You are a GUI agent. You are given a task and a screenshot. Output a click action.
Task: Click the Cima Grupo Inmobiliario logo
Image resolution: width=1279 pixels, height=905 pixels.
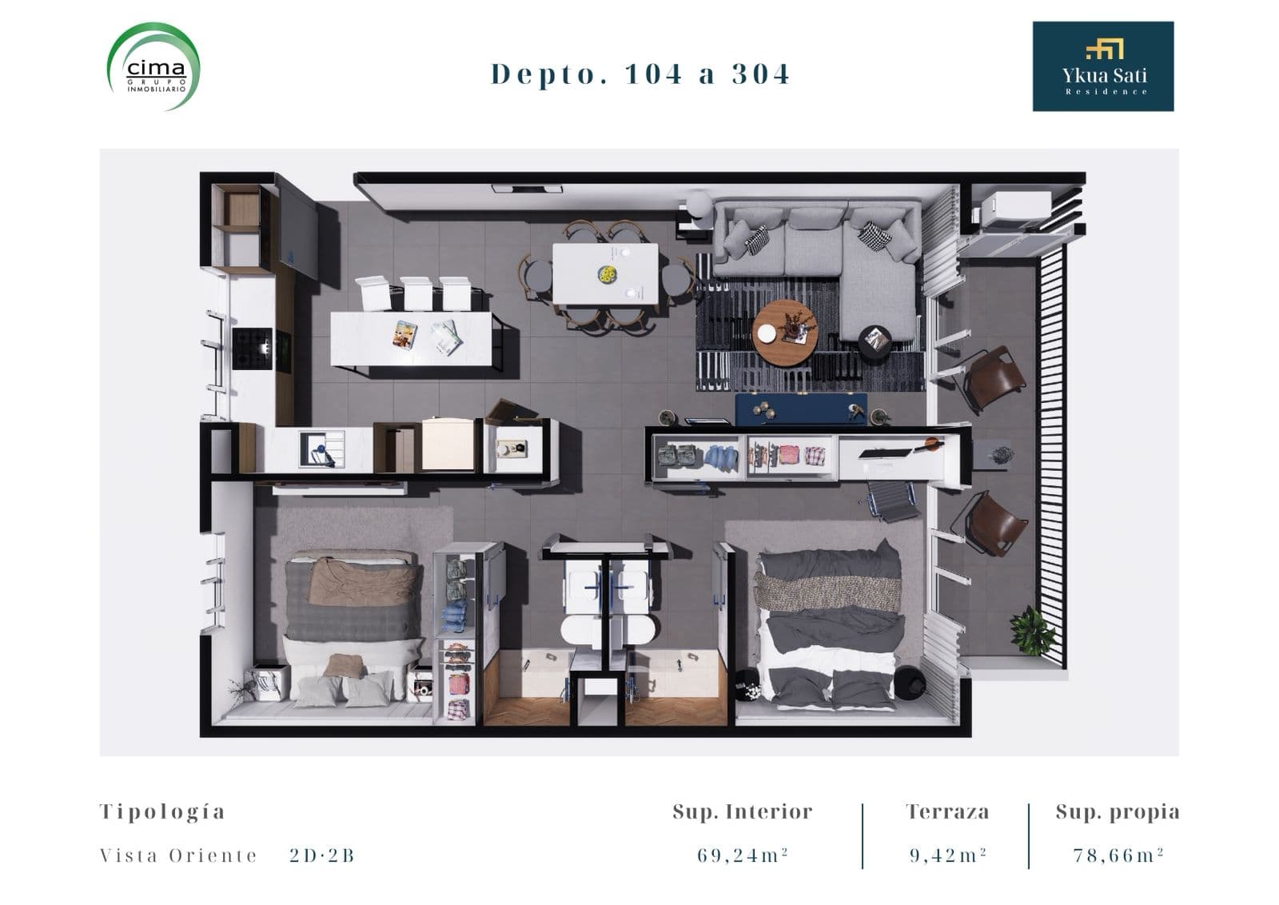point(153,66)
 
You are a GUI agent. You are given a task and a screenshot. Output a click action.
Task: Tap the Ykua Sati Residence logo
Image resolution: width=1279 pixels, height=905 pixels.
point(1102,66)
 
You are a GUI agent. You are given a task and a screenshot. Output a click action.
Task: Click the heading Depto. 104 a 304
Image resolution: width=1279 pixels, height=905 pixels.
point(640,74)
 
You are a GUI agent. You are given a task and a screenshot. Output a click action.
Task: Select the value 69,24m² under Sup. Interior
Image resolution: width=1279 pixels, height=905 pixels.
point(743,855)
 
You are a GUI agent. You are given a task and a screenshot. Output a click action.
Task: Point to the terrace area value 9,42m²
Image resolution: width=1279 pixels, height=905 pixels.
point(948,855)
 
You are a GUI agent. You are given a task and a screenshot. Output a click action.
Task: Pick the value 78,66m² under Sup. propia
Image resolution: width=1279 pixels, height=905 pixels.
point(1118,855)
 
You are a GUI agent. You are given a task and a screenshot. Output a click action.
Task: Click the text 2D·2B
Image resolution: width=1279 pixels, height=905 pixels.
point(322,855)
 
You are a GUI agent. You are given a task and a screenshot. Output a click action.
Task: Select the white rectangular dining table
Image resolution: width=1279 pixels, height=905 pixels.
point(605,274)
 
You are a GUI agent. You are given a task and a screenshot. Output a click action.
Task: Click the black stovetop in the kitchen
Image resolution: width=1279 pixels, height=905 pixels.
point(252,349)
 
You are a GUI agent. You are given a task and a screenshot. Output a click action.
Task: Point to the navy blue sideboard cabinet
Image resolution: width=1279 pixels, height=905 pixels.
point(800,409)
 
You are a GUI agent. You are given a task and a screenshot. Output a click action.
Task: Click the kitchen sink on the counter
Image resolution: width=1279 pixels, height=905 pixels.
point(322,449)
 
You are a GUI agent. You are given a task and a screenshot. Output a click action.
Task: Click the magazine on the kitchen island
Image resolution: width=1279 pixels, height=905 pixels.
point(404,335)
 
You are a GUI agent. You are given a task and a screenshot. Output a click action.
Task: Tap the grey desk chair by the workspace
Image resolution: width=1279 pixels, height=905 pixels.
point(891,498)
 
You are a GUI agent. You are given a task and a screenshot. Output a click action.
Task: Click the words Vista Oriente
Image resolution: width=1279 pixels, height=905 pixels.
point(178,855)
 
